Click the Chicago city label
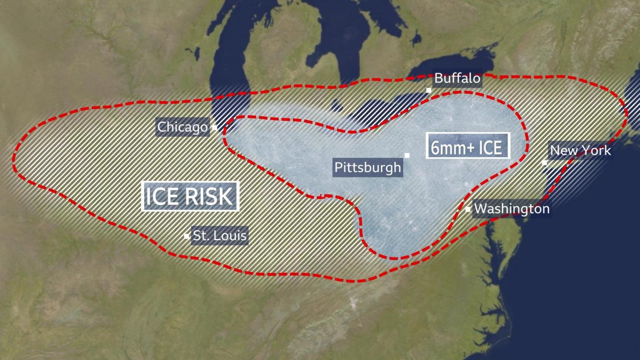pos(182,127)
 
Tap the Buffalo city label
pos(457,78)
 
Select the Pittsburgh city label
pos(368,168)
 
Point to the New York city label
pos(580,150)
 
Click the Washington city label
pos(512,209)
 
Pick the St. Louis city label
pos(220,236)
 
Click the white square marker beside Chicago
pos(214,128)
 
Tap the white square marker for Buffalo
pos(429,90)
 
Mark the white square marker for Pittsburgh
pos(407,155)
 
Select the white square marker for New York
pos(544,163)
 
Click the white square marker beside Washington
pos(468,210)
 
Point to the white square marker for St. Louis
pos(186,236)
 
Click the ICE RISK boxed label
pos(190,196)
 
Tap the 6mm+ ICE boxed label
pos(467,146)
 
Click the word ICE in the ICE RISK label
pos(162,196)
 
